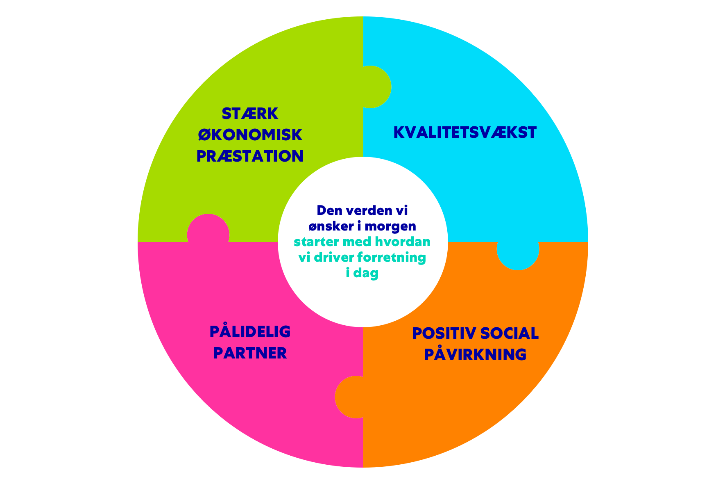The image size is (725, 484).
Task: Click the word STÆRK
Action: [250, 114]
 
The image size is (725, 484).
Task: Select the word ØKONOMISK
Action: [250, 135]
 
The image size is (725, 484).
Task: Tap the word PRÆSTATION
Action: [250, 156]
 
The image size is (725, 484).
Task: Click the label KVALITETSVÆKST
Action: [465, 132]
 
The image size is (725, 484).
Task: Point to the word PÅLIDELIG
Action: [250, 331]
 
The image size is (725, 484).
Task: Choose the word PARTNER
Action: [250, 353]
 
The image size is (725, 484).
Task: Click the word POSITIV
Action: [444, 333]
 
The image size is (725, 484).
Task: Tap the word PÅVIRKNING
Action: [475, 354]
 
